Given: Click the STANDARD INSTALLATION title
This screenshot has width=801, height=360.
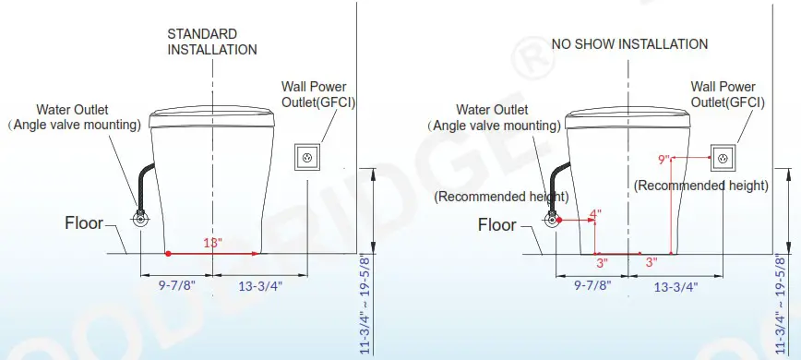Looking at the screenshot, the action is [211, 41].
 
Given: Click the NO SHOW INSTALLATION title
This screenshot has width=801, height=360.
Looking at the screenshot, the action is [629, 43].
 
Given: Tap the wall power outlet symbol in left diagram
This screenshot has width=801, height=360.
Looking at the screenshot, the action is [307, 158].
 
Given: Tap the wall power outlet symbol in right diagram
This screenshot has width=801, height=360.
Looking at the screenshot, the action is [722, 158].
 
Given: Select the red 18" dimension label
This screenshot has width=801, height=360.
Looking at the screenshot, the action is [213, 243].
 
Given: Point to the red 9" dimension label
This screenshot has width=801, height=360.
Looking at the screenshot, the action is [664, 160].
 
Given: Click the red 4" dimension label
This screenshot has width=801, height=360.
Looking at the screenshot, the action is [595, 214].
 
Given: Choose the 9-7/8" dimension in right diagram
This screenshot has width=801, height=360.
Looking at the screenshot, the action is [591, 285].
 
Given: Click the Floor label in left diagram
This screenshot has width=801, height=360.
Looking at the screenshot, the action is [84, 222].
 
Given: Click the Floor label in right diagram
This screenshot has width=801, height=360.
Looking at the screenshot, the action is [497, 224].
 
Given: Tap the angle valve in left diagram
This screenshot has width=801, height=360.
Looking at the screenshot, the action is [140, 219].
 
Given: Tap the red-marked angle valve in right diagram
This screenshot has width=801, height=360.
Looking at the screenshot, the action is [554, 220].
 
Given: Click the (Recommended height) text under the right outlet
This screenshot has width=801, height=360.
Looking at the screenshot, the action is [701, 186].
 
